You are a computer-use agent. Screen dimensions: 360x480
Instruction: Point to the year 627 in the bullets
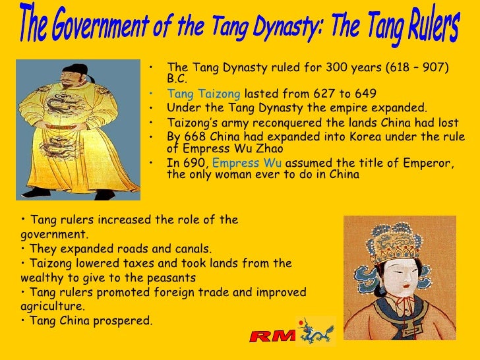(x=317, y=94)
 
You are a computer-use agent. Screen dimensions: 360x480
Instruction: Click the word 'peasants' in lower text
(x=174, y=278)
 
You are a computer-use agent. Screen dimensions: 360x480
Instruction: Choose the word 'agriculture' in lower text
(x=51, y=307)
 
